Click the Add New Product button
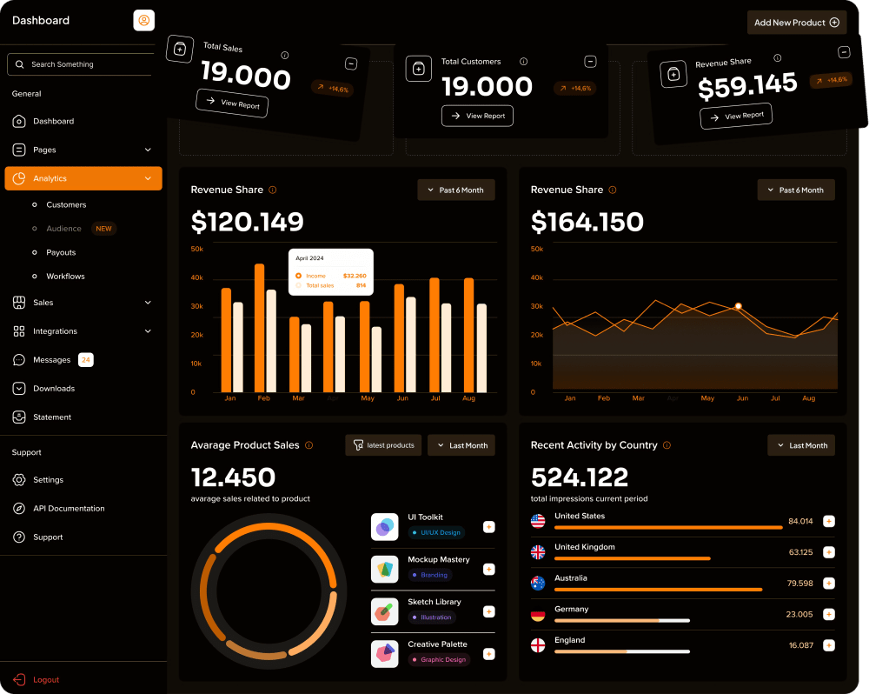click(x=796, y=23)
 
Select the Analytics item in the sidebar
click(x=83, y=178)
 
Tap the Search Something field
click(x=83, y=64)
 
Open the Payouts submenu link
click(x=61, y=252)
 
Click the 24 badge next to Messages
click(x=86, y=360)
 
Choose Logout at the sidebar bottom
click(x=46, y=679)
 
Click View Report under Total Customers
click(x=477, y=116)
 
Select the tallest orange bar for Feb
click(x=259, y=328)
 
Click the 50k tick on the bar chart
click(x=197, y=250)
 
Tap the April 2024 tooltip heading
click(x=309, y=258)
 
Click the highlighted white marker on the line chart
click(x=738, y=306)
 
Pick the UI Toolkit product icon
click(x=384, y=527)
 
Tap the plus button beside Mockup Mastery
click(x=488, y=569)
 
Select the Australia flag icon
click(x=538, y=583)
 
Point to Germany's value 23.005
click(x=799, y=614)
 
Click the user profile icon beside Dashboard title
click(x=143, y=20)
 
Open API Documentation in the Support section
click(x=69, y=509)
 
